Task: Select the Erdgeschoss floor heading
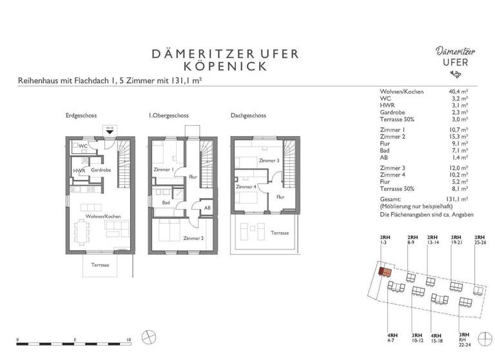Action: coord(81,115)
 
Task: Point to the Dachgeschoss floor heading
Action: coord(248,115)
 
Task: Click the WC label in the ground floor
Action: coord(83,146)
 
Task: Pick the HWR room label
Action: coord(79,170)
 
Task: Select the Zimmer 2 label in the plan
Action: coord(193,238)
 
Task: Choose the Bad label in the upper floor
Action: coord(166,202)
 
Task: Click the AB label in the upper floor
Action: coord(207,208)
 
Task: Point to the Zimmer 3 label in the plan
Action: coord(269,161)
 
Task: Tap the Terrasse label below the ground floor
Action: coord(99,265)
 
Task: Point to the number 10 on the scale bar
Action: coord(130,338)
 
